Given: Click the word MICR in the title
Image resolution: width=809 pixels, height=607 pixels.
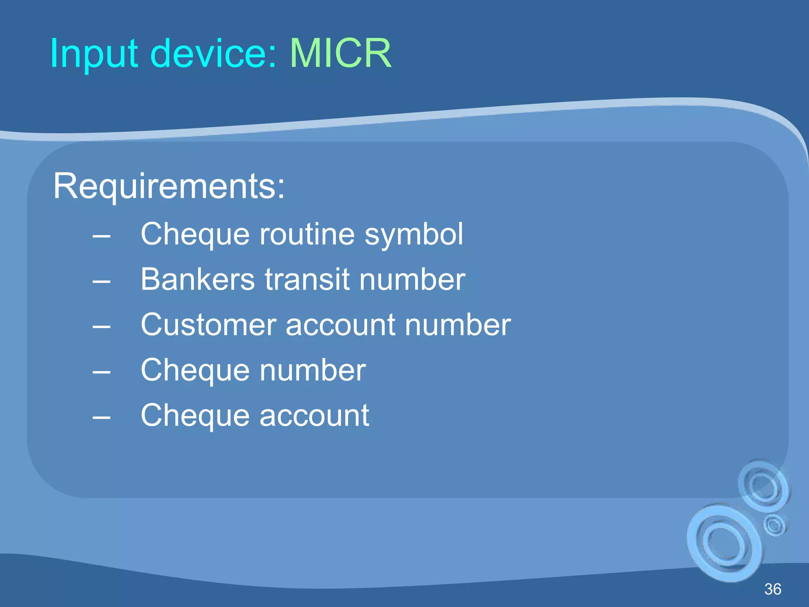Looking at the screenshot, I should [x=341, y=53].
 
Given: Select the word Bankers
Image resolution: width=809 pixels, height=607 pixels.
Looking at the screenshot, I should [x=198, y=279].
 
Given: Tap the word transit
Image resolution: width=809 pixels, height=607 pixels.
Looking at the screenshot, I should [x=307, y=279].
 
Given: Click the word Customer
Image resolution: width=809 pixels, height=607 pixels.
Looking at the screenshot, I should [x=208, y=325].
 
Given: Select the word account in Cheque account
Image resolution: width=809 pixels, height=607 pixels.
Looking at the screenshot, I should [x=314, y=416].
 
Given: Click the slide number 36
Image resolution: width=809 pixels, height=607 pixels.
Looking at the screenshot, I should [x=773, y=589].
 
